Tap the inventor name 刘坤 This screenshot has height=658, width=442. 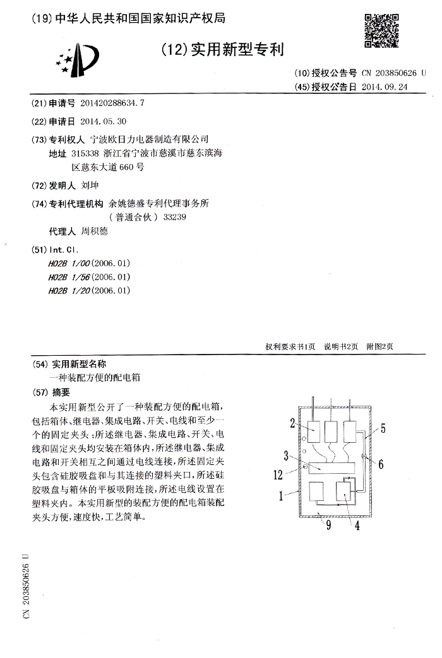point(91,186)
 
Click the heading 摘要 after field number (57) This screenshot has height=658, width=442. point(62,392)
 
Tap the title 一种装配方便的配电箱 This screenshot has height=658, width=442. point(95,377)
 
